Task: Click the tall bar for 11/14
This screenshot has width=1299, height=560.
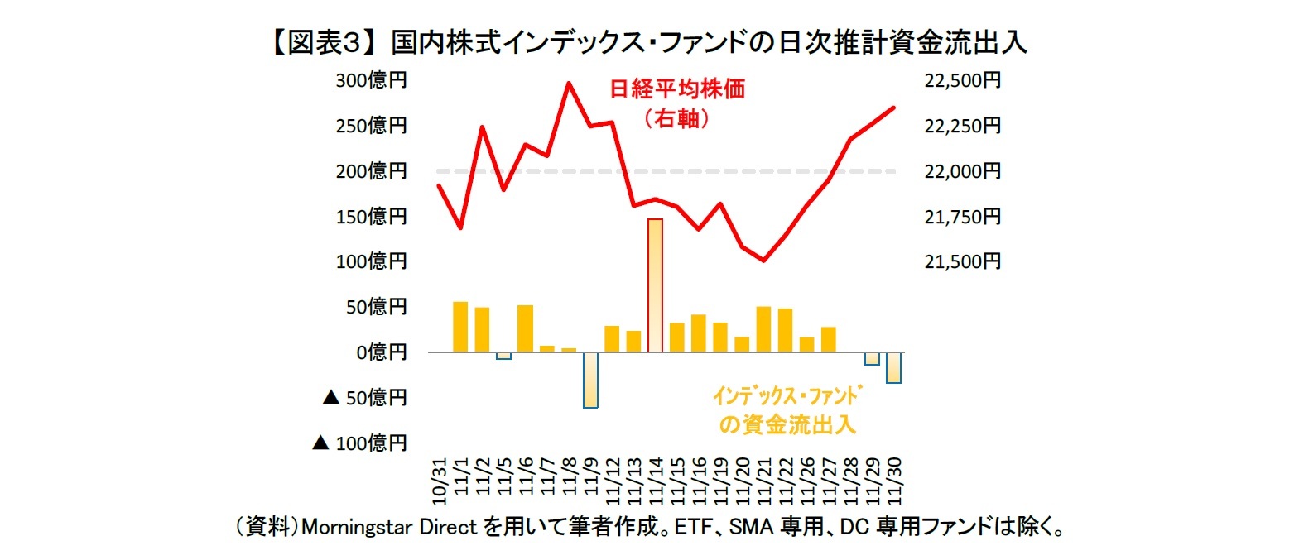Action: click(655, 285)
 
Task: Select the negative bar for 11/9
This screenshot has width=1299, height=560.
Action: click(590, 380)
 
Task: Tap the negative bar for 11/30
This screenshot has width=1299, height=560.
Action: click(893, 367)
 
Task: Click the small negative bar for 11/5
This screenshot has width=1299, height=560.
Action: click(503, 356)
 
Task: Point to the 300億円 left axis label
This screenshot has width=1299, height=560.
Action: click(371, 80)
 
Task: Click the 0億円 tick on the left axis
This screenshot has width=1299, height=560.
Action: click(382, 352)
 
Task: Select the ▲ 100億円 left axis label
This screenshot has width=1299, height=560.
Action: click(360, 443)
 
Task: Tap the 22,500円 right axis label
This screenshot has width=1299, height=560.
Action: click(962, 80)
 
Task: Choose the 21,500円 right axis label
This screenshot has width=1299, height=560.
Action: click(962, 261)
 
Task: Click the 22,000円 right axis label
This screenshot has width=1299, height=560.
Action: click(962, 171)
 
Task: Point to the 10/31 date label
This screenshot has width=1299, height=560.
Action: click(440, 481)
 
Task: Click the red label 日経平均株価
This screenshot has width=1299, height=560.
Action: click(677, 89)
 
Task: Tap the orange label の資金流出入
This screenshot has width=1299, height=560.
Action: click(787, 425)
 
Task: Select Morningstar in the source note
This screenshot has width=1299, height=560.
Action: click(357, 527)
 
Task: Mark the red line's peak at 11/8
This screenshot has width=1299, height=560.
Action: click(569, 83)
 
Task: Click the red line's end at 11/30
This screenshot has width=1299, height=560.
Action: click(893, 108)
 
